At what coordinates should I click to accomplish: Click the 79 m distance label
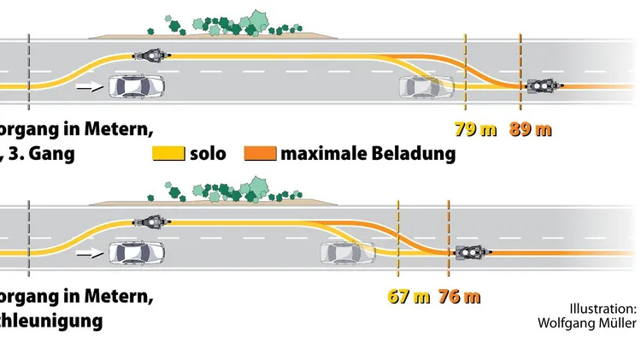tap(475, 130)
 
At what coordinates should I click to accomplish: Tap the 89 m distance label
tap(530, 130)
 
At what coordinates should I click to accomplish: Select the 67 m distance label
tap(409, 298)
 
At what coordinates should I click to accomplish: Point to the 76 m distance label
tap(459, 298)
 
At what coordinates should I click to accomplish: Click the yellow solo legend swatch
tap(168, 154)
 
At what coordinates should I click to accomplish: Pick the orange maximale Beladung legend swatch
tap(260, 154)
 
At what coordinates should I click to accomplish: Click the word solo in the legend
tap(209, 154)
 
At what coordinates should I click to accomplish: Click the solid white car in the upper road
tap(136, 86)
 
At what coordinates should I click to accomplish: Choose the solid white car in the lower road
tap(136, 252)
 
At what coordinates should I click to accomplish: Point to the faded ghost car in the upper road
tap(428, 86)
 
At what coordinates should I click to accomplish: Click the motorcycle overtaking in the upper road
tap(151, 56)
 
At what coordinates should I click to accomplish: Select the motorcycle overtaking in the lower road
tap(151, 221)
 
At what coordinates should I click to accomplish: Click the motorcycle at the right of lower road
tap(473, 252)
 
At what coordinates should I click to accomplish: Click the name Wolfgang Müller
tap(586, 322)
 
